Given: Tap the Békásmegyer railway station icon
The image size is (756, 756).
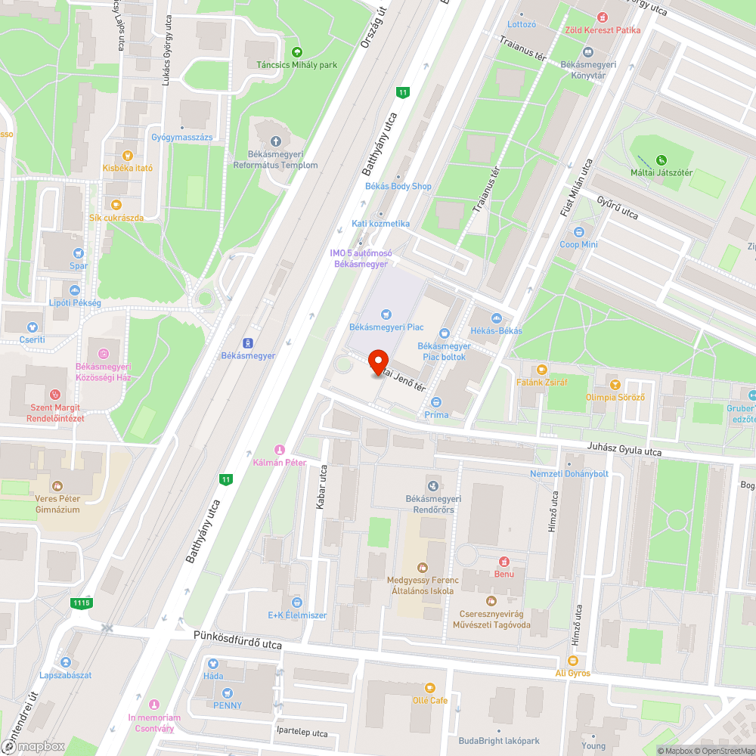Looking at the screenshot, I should click(x=248, y=342).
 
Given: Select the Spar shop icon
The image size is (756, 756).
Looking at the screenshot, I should click(x=79, y=253).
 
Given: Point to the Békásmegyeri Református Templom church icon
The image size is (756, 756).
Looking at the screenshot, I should click(x=275, y=141).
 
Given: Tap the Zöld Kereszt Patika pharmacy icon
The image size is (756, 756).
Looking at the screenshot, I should click(x=603, y=17).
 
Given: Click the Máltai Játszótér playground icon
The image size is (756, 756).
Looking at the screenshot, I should click(x=661, y=160).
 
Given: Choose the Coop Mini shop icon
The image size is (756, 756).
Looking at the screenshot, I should click(x=579, y=231).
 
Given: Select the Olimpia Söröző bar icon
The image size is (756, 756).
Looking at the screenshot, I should click(x=615, y=385).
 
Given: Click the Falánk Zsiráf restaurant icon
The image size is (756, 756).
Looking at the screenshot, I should click(x=541, y=370).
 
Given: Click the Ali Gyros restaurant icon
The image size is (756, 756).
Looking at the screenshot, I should click(x=572, y=660).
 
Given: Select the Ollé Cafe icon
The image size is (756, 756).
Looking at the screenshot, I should click(x=430, y=687).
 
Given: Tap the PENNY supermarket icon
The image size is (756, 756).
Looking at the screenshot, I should click(x=227, y=692).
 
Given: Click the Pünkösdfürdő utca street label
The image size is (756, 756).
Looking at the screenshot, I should click(x=237, y=643).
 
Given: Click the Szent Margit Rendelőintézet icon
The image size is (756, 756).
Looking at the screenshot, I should click(x=54, y=395).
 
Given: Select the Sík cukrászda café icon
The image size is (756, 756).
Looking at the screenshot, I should click(x=116, y=204).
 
